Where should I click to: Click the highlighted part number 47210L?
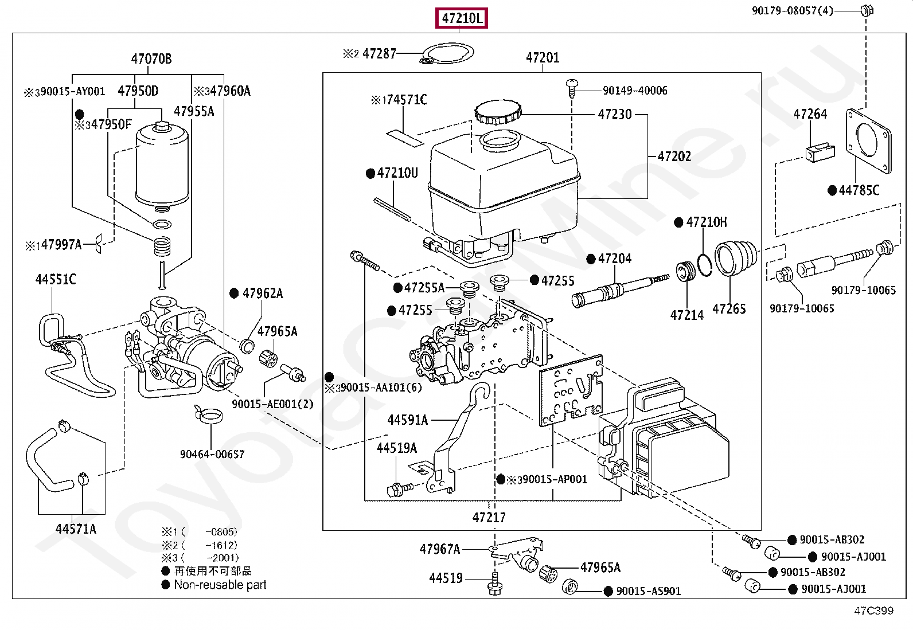(x=462, y=18)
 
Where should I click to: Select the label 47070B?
(x=151, y=58)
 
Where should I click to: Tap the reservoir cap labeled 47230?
(x=498, y=111)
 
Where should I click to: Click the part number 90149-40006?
(x=634, y=91)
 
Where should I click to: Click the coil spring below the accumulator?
(x=163, y=246)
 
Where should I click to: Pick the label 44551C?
(x=56, y=280)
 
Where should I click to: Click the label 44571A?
(x=76, y=529)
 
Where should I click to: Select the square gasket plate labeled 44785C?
(x=868, y=140)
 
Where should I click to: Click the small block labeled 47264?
(x=820, y=152)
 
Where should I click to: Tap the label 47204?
(x=614, y=259)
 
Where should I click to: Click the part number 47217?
(x=489, y=518)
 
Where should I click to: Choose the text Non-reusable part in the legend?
(x=220, y=585)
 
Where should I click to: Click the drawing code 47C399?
(x=873, y=611)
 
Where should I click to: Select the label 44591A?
(x=407, y=420)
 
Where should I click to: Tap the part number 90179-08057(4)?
(x=792, y=10)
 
